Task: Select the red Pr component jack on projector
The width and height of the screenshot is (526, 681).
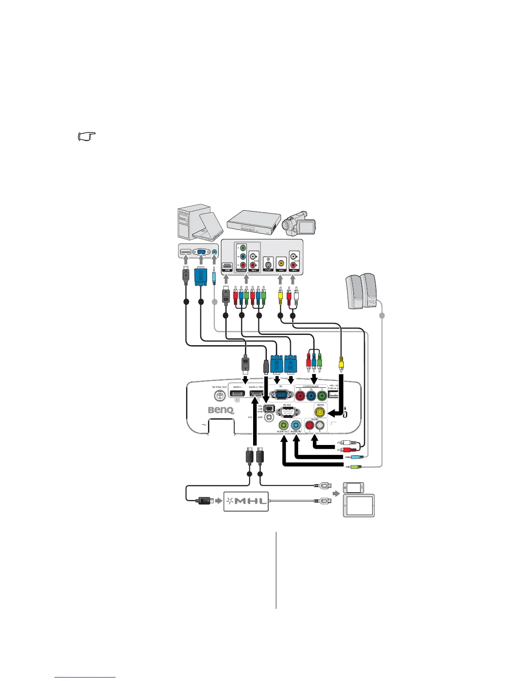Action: [x=300, y=395]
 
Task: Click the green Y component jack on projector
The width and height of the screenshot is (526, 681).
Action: [x=322, y=395]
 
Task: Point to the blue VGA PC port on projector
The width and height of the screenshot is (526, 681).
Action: [x=281, y=395]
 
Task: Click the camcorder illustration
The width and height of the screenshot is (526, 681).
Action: [x=299, y=223]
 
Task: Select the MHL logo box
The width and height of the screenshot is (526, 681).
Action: [x=246, y=501]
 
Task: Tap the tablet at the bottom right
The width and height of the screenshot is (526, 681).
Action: [x=359, y=505]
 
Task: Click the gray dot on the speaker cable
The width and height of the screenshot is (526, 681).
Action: [x=382, y=316]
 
